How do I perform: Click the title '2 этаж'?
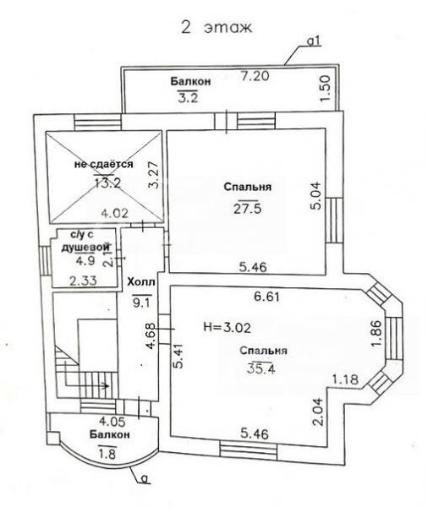point(217,28)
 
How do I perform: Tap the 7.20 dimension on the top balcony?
point(255,76)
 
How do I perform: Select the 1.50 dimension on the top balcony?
point(325,88)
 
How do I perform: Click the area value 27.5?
point(247,209)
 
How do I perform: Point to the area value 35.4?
point(261,368)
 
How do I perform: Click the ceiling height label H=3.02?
point(227,328)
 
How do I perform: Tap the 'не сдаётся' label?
point(103,164)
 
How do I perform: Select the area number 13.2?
point(107,183)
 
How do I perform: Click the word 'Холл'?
point(141,282)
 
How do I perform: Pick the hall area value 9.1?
point(142,302)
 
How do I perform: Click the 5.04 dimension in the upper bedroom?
point(316,196)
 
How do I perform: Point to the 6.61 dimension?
point(266,297)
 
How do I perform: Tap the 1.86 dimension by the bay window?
point(377,334)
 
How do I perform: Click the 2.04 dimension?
point(317,412)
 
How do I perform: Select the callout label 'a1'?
point(314,41)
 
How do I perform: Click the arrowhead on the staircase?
point(105,385)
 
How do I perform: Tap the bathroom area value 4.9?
point(85,260)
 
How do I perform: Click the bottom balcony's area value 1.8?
point(107,454)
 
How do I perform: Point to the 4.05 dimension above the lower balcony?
point(112,422)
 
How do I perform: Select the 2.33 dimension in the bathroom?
point(83,281)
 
